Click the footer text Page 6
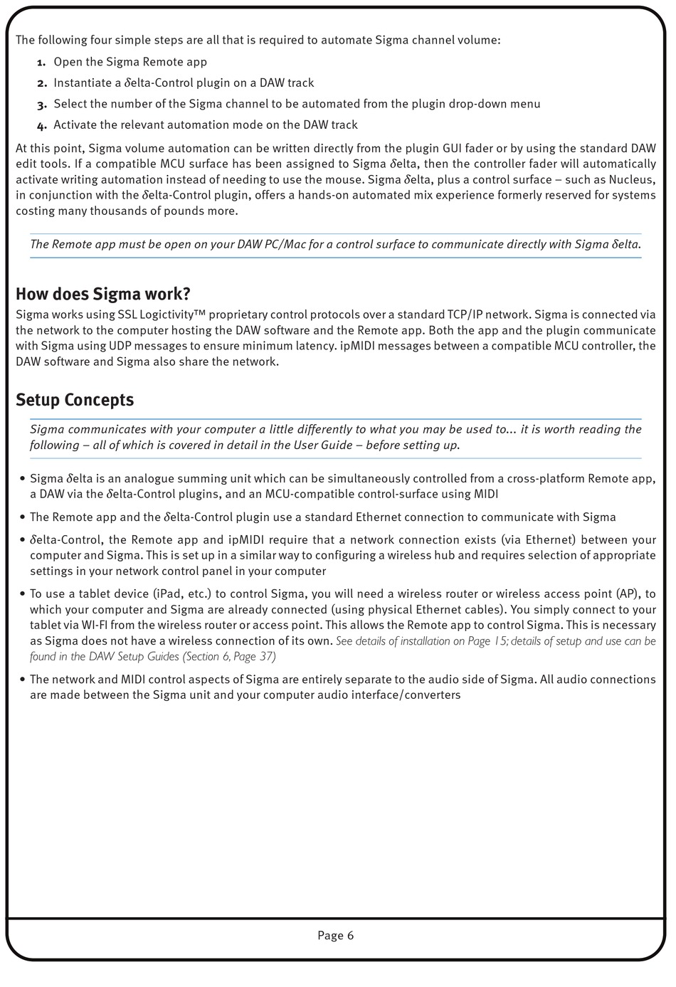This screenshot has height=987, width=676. pyautogui.click(x=335, y=936)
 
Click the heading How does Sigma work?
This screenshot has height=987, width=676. pyautogui.click(x=103, y=294)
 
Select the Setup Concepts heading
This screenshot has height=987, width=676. pyautogui.click(x=75, y=400)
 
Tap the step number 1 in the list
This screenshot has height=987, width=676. pyautogui.click(x=42, y=63)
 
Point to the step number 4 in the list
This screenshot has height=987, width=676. pyautogui.click(x=42, y=125)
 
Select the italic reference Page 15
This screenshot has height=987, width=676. pyautogui.click(x=485, y=641)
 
